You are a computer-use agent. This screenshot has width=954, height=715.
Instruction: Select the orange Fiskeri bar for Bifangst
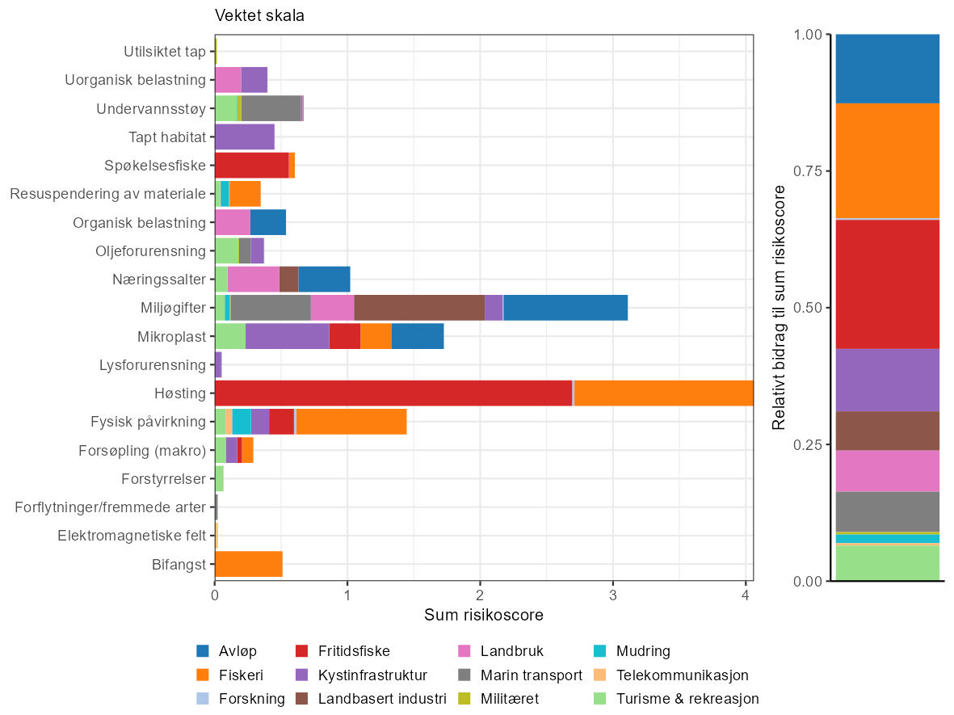click(249, 565)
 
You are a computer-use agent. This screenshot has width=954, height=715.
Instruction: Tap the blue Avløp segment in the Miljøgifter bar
click(565, 308)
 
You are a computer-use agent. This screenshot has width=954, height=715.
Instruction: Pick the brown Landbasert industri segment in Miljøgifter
click(419, 308)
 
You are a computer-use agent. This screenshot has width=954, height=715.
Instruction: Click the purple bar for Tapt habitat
click(245, 137)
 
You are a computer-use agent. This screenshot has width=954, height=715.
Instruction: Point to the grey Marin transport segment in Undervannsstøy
click(271, 108)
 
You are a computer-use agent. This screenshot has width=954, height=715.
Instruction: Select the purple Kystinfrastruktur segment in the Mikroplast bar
click(287, 336)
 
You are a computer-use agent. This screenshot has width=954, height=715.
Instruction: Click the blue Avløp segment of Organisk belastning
click(268, 222)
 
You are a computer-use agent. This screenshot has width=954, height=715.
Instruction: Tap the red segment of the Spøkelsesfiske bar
click(251, 166)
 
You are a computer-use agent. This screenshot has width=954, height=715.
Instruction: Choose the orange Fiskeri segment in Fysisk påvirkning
click(351, 422)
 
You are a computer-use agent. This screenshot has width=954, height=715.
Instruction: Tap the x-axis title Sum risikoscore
click(483, 616)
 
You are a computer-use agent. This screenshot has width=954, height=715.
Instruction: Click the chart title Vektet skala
click(259, 15)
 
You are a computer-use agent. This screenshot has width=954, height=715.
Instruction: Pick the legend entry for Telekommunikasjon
click(682, 675)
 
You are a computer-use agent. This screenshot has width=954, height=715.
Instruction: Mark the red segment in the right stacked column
click(888, 284)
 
